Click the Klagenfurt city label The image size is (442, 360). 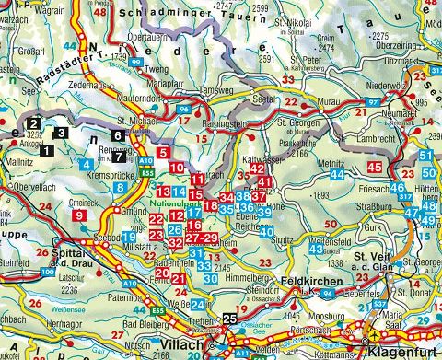pyautogui.click(x=398, y=352)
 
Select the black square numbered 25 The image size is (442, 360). pyautogui.click(x=229, y=319)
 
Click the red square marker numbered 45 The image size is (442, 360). pyautogui.click(x=374, y=167)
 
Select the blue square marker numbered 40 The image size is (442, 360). pyautogui.click(x=266, y=231)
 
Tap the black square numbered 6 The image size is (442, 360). pyautogui.click(x=116, y=135)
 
